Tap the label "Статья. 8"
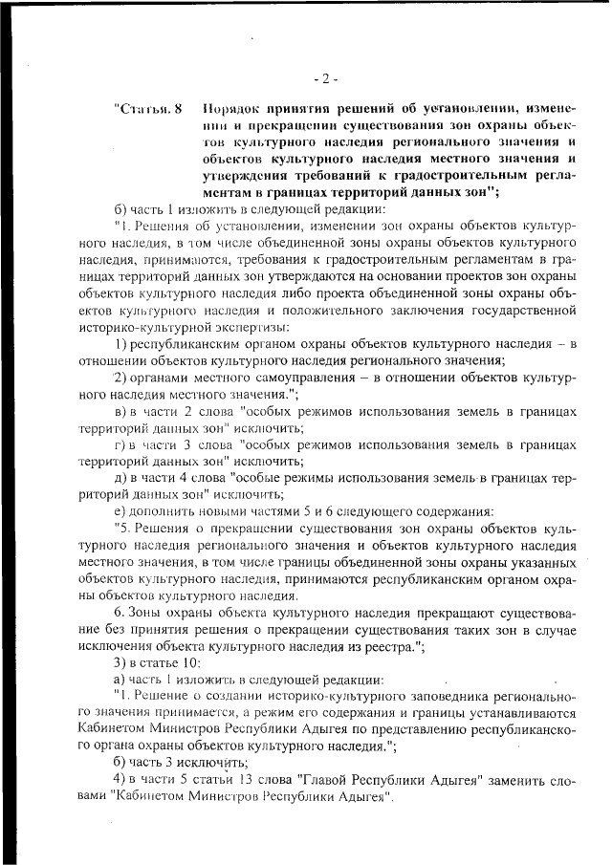pyautogui.click(x=147, y=106)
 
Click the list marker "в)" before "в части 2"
pyautogui.click(x=120, y=411)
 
